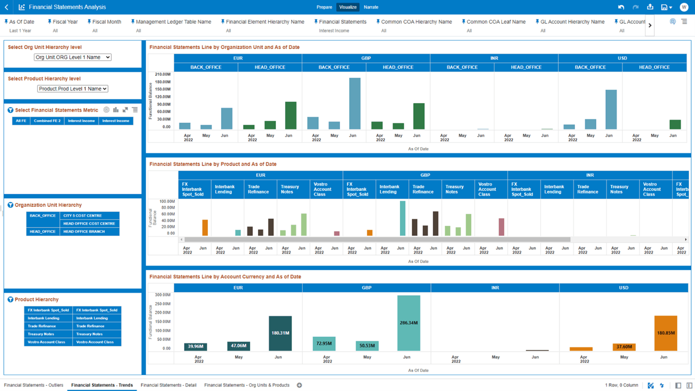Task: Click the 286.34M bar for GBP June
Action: [408, 323]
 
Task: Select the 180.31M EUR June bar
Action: [280, 333]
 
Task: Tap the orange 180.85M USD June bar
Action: [665, 333]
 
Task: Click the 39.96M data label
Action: [195, 346]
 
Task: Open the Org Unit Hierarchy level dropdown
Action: [73, 57]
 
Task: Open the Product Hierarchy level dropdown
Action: [73, 89]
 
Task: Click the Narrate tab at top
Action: [371, 7]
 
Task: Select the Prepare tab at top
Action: [324, 7]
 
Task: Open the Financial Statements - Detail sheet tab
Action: [168, 385]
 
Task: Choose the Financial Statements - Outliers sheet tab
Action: [33, 385]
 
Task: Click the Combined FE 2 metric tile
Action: [47, 121]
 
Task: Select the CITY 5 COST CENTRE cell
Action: [83, 215]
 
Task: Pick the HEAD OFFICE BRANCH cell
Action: [84, 232]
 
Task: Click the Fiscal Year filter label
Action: [65, 22]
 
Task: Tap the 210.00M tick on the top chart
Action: [163, 74]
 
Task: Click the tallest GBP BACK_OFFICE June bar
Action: [354, 103]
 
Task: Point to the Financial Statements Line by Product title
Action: [212, 164]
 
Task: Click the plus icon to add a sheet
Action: [299, 385]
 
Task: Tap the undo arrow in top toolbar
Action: [621, 7]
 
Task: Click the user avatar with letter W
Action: [684, 7]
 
